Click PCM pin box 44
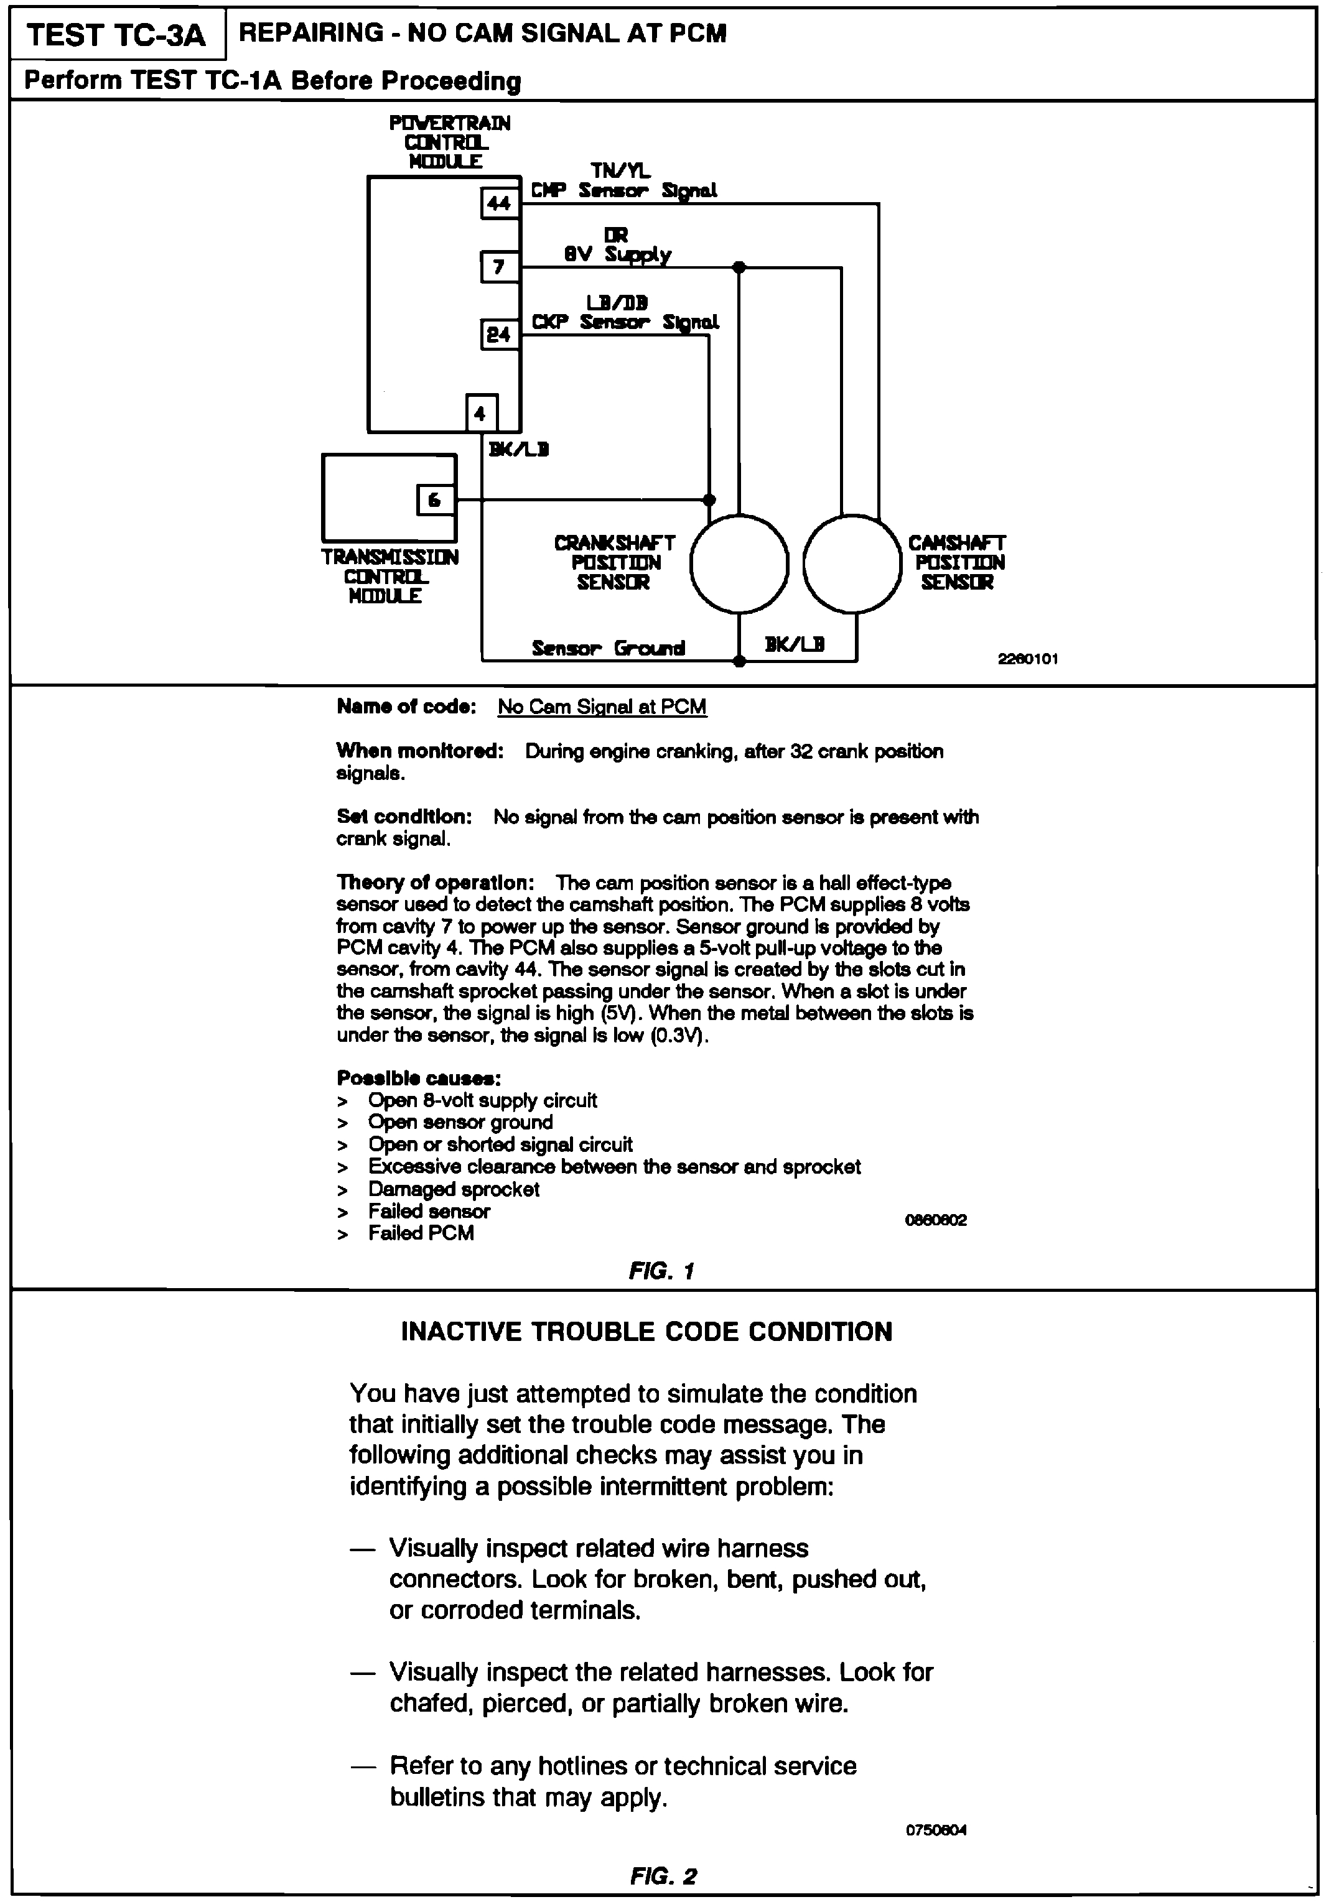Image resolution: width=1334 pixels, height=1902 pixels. (x=499, y=203)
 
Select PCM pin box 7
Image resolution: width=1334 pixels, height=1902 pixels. (x=499, y=267)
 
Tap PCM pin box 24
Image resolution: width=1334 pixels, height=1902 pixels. (x=499, y=335)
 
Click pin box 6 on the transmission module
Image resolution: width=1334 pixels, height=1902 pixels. (x=435, y=499)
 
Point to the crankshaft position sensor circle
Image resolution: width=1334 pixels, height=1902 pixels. (x=739, y=564)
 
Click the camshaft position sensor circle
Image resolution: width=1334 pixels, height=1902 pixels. (x=852, y=564)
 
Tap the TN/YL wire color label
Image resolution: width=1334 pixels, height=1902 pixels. (x=620, y=170)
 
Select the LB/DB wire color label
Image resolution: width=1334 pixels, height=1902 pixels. (x=617, y=303)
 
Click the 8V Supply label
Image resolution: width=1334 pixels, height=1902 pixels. (x=617, y=254)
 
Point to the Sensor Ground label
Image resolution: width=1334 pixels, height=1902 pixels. (x=608, y=648)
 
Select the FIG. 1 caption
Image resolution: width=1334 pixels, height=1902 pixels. (x=661, y=1270)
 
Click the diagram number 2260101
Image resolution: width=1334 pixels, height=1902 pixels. (x=1027, y=659)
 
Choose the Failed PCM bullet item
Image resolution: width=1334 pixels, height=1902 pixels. (x=421, y=1233)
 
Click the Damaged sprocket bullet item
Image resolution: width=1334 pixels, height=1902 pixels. (x=453, y=1190)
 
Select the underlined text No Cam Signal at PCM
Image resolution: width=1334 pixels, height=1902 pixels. (x=602, y=707)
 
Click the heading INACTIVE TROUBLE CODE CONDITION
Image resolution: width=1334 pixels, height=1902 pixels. (x=646, y=1332)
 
